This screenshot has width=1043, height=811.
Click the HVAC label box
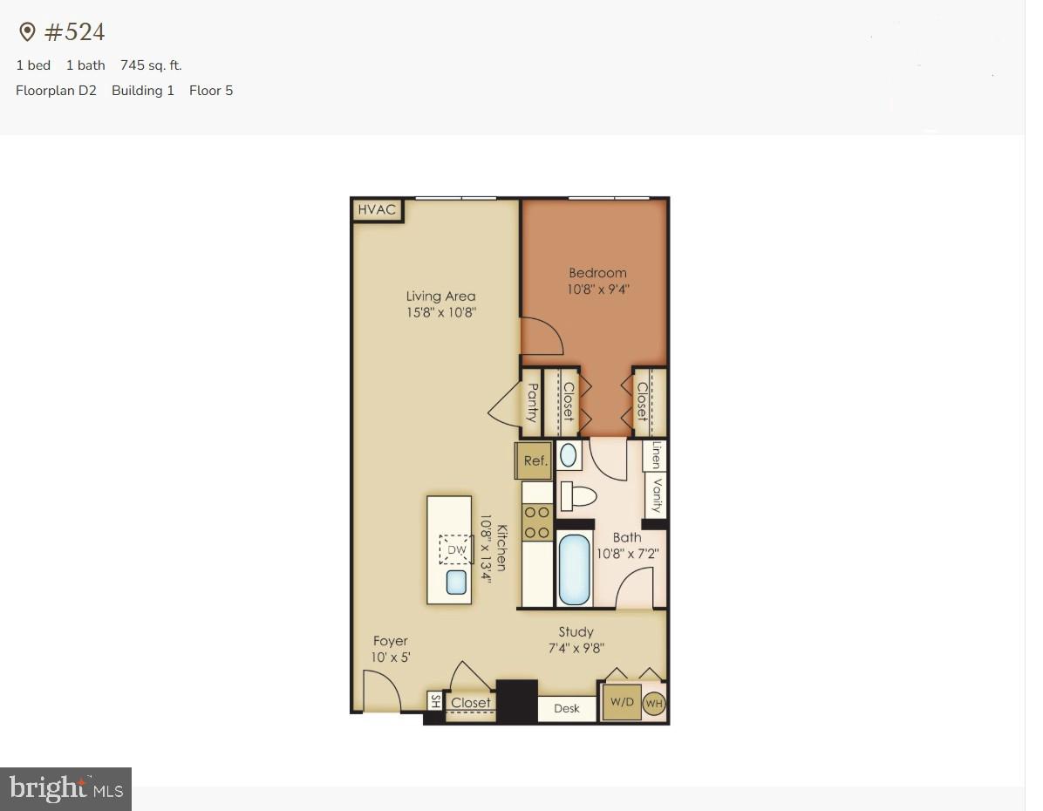coord(377,210)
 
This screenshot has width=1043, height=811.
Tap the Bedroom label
coord(597,273)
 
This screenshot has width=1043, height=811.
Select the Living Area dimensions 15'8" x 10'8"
coord(440,312)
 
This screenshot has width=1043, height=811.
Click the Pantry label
coord(532,402)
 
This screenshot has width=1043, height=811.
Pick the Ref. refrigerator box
coord(535,460)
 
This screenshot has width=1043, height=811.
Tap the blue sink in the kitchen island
coord(456,582)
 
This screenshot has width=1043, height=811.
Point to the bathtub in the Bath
coord(574,569)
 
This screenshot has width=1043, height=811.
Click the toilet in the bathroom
coord(577,496)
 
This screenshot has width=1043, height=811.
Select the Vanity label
coord(657,496)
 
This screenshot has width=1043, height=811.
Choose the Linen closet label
coord(656,455)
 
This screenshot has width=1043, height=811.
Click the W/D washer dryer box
coord(622,702)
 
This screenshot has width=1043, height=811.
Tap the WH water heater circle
coord(654,703)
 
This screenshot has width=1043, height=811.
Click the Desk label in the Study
coord(566,708)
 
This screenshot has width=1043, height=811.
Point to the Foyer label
coord(390,641)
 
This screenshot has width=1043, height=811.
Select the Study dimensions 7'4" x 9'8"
coord(576,648)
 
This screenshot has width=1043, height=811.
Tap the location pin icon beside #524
coord(27,32)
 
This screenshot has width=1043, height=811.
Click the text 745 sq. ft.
coord(151,65)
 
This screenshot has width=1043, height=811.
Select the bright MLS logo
coord(65,789)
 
